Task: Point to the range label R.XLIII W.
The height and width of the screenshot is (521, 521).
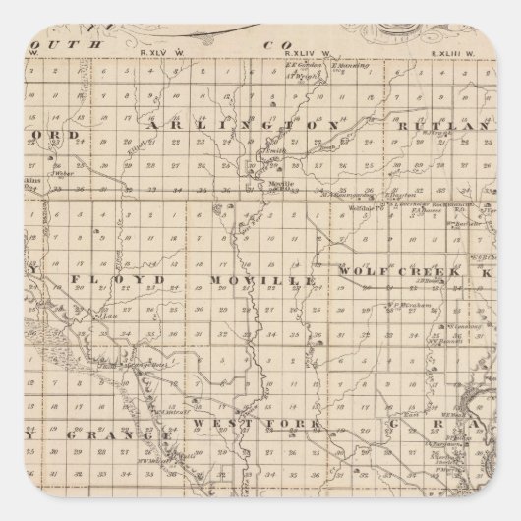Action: (461, 52)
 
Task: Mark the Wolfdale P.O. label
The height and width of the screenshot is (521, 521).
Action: (365, 209)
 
